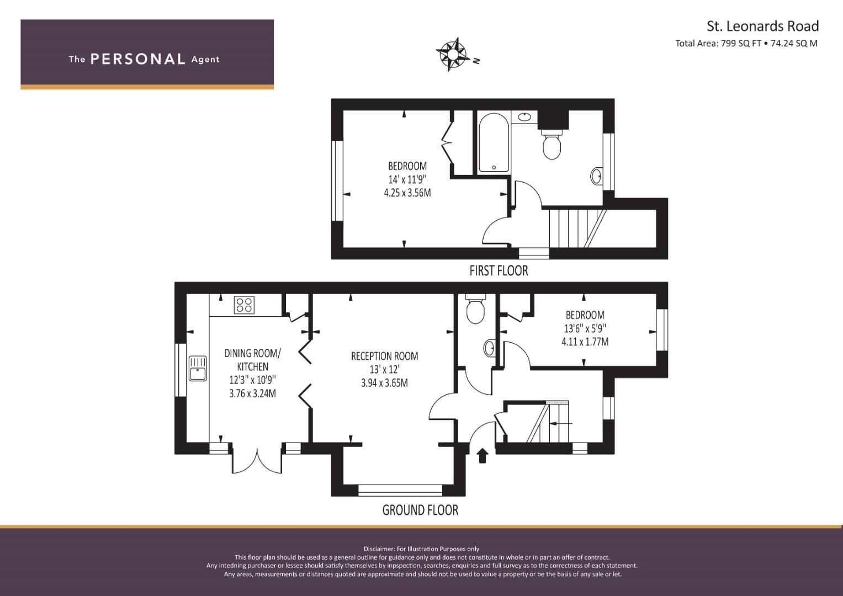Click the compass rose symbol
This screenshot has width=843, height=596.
(452, 54)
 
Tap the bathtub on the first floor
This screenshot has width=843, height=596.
(494, 142)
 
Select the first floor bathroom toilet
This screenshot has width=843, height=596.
(552, 145)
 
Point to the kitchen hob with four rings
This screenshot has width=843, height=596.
(244, 305)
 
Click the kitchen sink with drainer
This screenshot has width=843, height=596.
(198, 369)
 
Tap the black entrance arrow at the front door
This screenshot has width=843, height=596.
(483, 456)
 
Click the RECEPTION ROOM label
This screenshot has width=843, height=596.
(384, 356)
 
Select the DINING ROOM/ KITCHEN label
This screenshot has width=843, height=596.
(252, 360)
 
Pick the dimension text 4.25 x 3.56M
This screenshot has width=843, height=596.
(407, 193)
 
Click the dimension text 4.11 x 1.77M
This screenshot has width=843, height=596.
(585, 342)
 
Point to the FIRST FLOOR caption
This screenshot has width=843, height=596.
(499, 271)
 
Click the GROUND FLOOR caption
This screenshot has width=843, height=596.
(420, 510)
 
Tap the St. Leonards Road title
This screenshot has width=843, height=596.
(763, 26)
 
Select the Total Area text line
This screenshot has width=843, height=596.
(746, 43)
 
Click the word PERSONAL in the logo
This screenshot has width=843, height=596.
(138, 59)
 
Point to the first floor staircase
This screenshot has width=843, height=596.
(577, 228)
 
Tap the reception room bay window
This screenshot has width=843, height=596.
(400, 490)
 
